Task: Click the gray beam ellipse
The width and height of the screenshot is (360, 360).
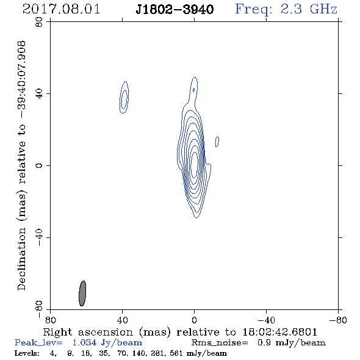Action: point(82,293)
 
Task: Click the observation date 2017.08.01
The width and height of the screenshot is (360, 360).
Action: point(61,9)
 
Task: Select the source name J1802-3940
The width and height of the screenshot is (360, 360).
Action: point(175,9)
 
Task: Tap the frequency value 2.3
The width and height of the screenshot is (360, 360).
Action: point(291,9)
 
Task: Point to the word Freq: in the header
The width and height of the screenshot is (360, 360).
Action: point(254,10)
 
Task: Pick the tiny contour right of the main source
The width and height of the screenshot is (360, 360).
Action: point(217,142)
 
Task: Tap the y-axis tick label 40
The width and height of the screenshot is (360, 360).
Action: point(39,94)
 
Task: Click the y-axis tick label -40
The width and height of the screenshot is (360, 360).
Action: point(39,237)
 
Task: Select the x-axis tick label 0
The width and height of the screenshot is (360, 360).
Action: point(194,320)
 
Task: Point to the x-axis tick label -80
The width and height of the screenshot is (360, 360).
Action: point(338,320)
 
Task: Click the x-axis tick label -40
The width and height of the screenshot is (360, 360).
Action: point(266,320)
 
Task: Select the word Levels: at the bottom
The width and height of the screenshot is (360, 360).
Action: point(27,353)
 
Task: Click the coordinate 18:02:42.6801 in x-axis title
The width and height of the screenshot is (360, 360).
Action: point(279,332)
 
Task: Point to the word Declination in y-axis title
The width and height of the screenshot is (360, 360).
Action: point(21,259)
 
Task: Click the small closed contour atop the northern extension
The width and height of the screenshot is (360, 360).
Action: point(193,90)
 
